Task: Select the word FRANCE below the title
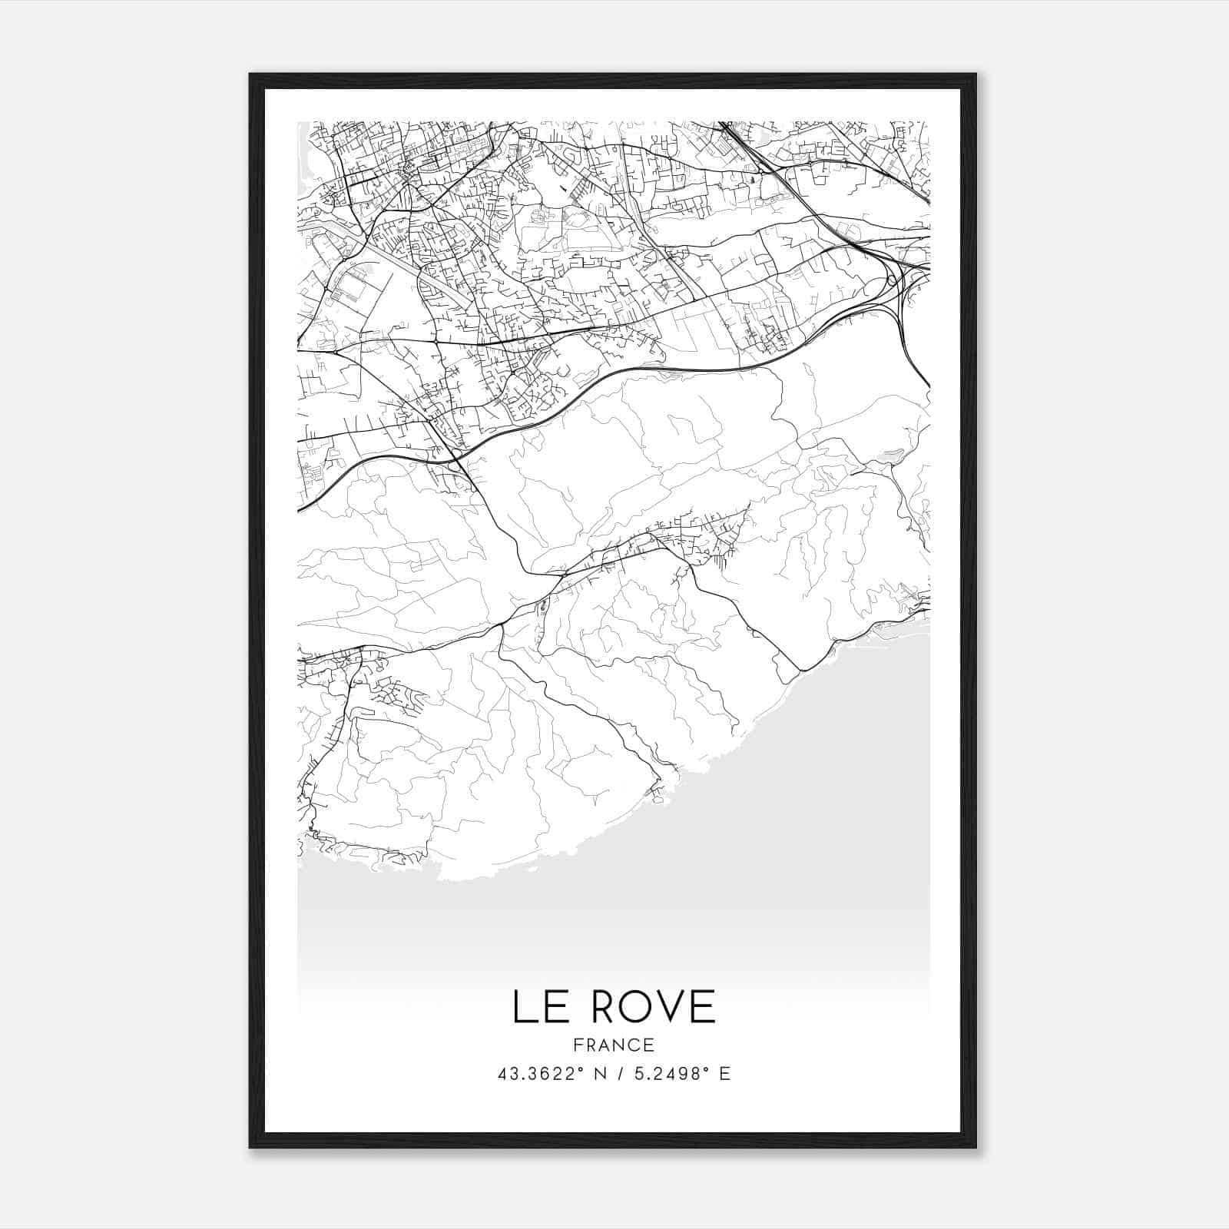click(x=614, y=1045)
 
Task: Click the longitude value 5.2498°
click(x=666, y=1074)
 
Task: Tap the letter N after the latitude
click(x=603, y=1074)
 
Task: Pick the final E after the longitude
click(x=724, y=1074)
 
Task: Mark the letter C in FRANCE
click(x=635, y=1045)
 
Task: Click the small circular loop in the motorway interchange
click(x=893, y=280)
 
